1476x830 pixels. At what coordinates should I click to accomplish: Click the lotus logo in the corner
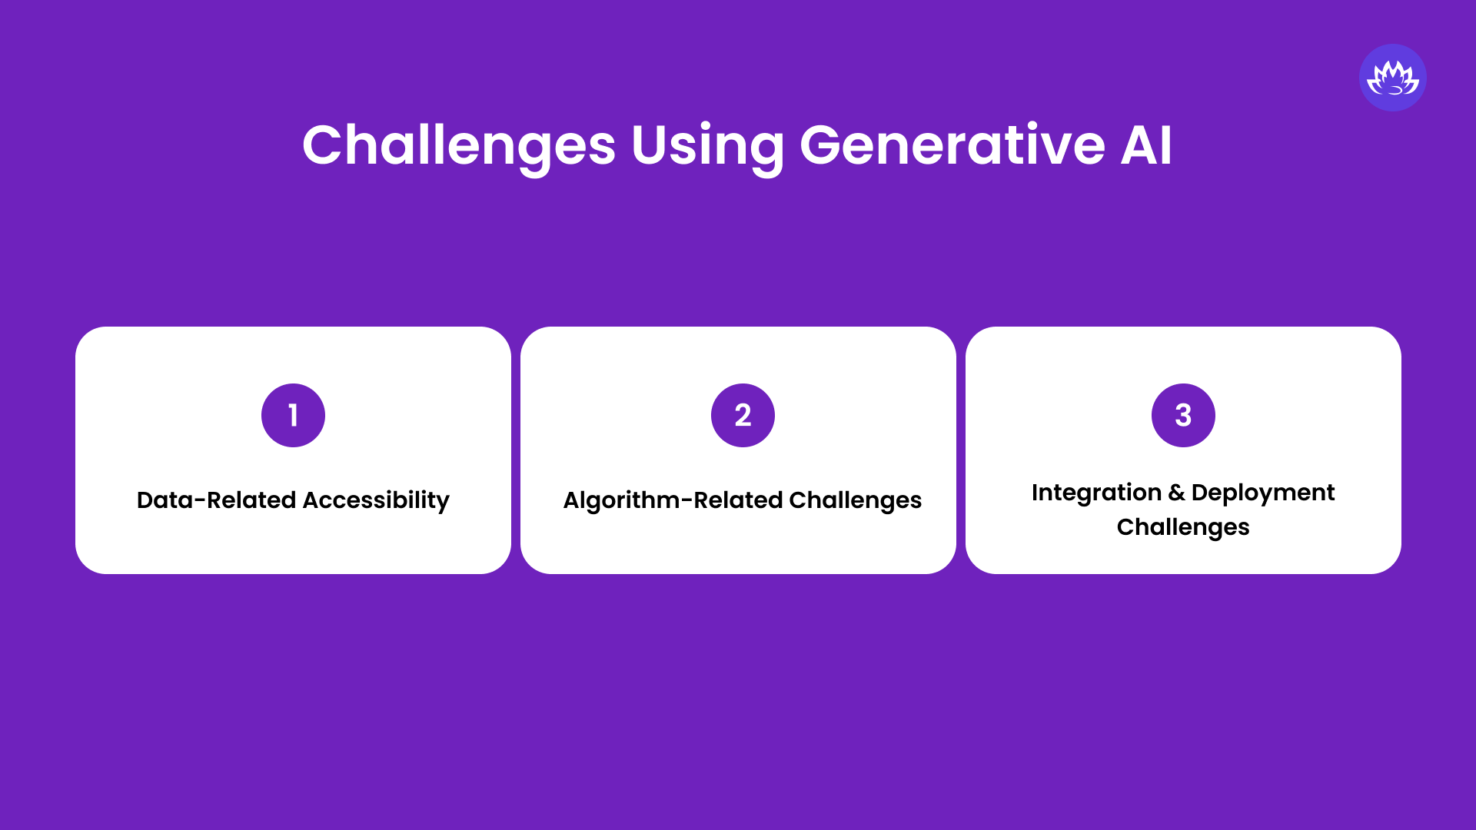(1392, 78)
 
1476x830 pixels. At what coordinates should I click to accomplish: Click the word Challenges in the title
(459, 145)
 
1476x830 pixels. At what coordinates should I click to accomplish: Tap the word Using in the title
(707, 145)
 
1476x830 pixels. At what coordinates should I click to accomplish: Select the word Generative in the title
(952, 145)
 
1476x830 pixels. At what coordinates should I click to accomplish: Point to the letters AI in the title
(1146, 145)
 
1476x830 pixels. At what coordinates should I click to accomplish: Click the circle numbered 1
(293, 415)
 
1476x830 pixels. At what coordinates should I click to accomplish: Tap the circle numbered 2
(743, 415)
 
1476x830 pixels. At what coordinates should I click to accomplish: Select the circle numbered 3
(1183, 415)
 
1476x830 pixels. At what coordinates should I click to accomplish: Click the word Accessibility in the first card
(376, 500)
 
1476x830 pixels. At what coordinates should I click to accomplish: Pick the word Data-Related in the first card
(216, 500)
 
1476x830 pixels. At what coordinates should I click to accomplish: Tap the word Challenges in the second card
(855, 500)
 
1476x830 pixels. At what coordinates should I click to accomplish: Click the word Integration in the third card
(1096, 493)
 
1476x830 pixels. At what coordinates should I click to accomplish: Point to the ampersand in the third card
(1176, 493)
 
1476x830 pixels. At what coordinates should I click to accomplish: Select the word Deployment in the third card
(1263, 493)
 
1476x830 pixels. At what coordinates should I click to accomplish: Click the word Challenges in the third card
(1183, 527)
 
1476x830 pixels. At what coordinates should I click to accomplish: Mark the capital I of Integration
(1036, 493)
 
